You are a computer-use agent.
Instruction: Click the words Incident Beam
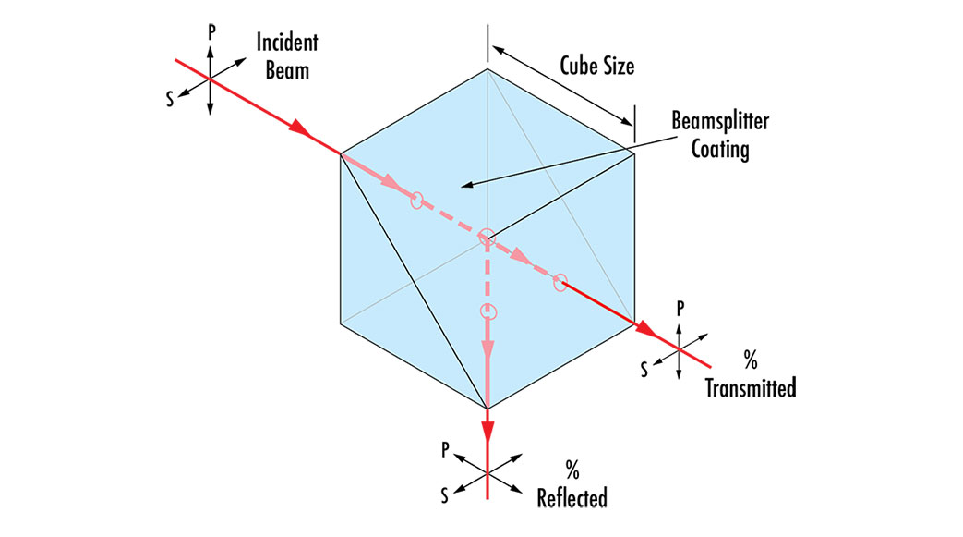pyautogui.click(x=288, y=55)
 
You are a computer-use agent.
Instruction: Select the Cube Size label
pyautogui.click(x=597, y=66)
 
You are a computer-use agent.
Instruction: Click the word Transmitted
pyautogui.click(x=751, y=387)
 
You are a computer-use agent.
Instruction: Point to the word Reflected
pyautogui.click(x=572, y=498)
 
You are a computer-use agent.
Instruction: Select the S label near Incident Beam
pyautogui.click(x=170, y=99)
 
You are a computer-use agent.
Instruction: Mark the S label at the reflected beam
pyautogui.click(x=445, y=496)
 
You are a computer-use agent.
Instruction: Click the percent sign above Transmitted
pyautogui.click(x=751, y=357)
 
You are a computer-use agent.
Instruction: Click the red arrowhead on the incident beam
pyautogui.click(x=298, y=129)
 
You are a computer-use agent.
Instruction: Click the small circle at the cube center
pyautogui.click(x=488, y=238)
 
